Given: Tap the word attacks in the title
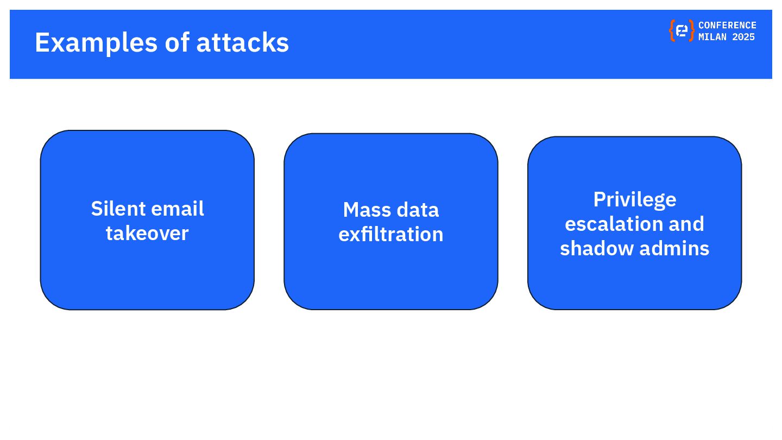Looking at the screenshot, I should (x=242, y=42).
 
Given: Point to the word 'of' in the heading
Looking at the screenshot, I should (x=176, y=42).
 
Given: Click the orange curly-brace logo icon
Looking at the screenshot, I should (x=682, y=31).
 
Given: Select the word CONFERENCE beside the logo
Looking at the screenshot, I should (x=727, y=25).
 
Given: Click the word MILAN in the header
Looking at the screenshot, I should (x=712, y=37).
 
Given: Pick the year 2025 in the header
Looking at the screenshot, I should (x=743, y=37).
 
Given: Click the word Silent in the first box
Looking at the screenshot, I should (x=118, y=209).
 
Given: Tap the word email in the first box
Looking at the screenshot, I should (x=176, y=209).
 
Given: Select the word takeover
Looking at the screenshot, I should (x=147, y=233).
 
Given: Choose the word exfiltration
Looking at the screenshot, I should (x=391, y=234).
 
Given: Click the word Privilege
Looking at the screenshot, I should (x=634, y=199).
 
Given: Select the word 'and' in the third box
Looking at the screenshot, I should (x=686, y=224).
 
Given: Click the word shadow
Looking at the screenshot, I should (x=589, y=248).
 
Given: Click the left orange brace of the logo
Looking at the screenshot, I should (x=672, y=31).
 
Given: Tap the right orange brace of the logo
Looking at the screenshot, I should (x=691, y=31).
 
